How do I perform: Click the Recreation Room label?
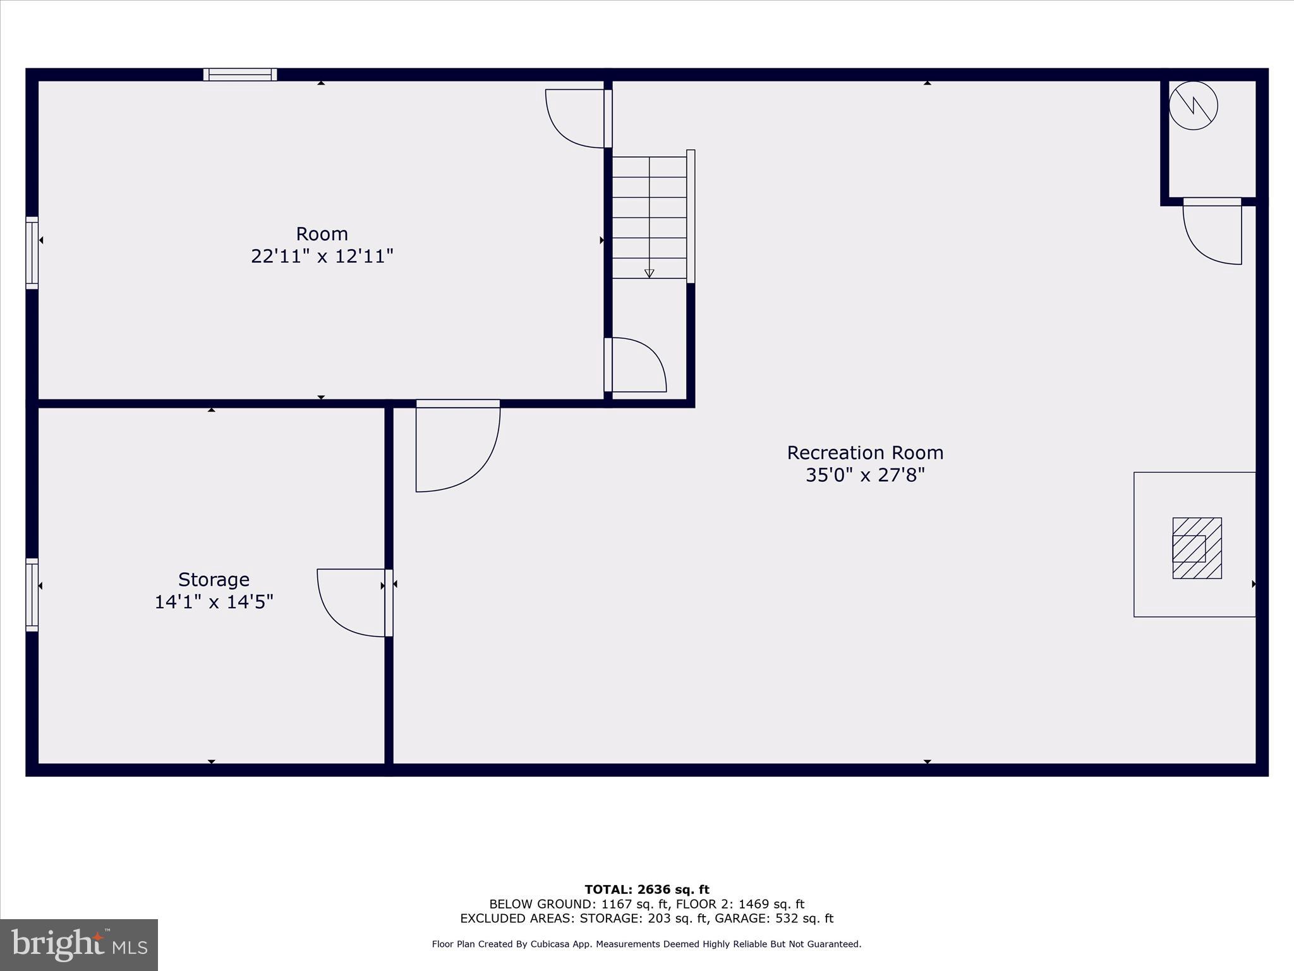864,453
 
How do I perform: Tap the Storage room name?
214,579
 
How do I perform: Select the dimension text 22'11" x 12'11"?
322,256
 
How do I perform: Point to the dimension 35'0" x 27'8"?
864,475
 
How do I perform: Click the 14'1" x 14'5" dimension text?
214,601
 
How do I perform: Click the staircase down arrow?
649,273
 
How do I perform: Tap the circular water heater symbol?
1193,106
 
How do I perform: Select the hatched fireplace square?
1197,548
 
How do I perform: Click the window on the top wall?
240,75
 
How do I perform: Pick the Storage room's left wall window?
32,594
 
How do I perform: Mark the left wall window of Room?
32,253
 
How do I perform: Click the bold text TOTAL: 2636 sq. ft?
646,889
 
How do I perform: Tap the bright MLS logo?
79,945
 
